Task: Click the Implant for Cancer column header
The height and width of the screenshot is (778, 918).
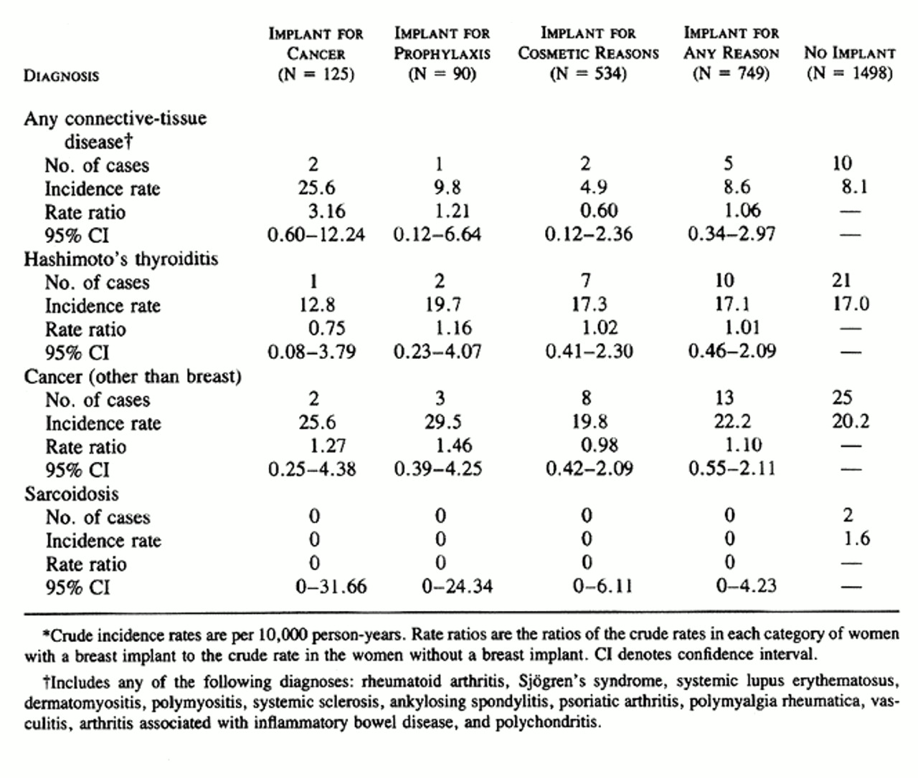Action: [x=316, y=54]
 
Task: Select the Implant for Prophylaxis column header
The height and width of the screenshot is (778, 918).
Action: [x=442, y=54]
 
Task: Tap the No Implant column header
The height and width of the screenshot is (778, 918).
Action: [x=849, y=62]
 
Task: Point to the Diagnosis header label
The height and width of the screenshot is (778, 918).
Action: [x=61, y=75]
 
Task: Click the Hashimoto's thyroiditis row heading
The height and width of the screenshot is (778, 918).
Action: [x=120, y=259]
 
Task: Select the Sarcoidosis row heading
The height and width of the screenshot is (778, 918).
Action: [x=71, y=494]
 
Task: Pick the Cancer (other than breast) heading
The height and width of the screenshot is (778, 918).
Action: [x=132, y=376]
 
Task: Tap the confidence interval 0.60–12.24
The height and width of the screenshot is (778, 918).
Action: [x=316, y=234]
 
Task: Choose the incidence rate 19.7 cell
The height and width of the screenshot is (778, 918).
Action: [x=443, y=305]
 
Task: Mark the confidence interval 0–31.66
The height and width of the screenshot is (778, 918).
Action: [x=331, y=587]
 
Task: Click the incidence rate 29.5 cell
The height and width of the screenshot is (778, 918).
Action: [x=443, y=422]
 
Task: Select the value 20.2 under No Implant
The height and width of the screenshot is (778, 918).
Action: [x=851, y=421]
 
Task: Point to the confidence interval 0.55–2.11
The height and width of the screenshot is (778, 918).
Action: [x=732, y=469]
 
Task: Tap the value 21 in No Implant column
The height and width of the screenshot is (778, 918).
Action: [x=842, y=280]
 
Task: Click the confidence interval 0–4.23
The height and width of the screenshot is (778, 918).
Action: [x=746, y=586]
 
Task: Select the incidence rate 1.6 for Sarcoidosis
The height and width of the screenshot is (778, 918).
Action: [x=856, y=539]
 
